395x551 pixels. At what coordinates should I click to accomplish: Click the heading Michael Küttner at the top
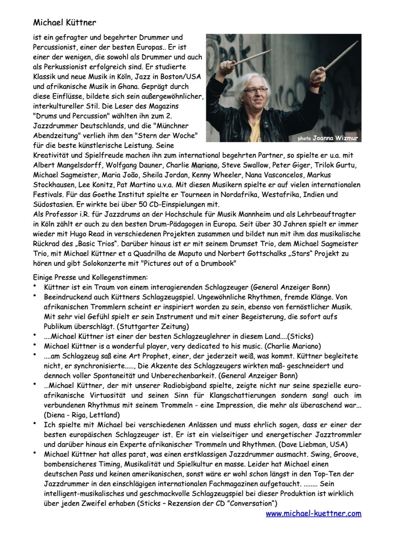click(x=64, y=23)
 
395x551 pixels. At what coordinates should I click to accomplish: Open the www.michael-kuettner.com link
click(x=313, y=513)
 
